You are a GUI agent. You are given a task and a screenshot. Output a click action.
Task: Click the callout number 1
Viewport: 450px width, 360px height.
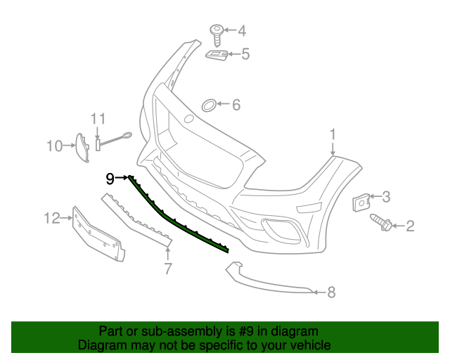coord(333,134)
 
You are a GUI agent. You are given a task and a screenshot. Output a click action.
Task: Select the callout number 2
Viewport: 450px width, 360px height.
coord(410,226)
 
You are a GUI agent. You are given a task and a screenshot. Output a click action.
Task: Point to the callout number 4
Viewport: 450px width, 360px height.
coord(242,30)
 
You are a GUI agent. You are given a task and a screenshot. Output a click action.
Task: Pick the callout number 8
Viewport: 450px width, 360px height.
coord(331,292)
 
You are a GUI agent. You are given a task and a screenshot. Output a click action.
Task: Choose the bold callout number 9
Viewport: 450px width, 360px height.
coord(110,179)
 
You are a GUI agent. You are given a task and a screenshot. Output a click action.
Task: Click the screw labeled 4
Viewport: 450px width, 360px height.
coord(217,30)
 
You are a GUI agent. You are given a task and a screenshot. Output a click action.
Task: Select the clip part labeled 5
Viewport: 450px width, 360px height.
coord(217,53)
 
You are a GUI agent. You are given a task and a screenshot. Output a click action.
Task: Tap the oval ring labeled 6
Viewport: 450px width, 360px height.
coord(209,105)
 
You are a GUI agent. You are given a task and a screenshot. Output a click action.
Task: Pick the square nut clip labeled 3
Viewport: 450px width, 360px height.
coord(361,201)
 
